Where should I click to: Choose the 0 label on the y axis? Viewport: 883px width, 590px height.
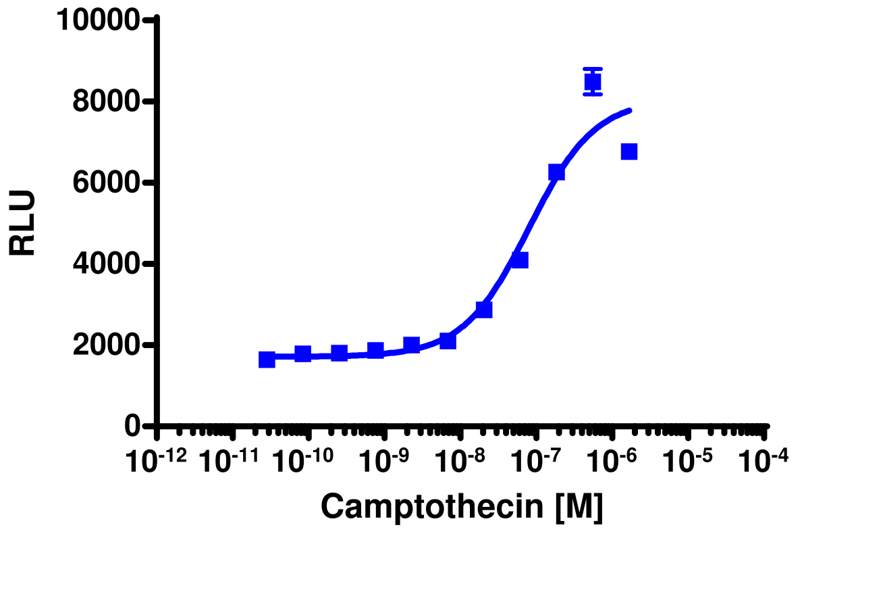coord(132,426)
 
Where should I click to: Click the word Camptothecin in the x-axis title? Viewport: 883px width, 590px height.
coord(433,506)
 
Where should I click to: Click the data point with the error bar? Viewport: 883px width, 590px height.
coord(593,82)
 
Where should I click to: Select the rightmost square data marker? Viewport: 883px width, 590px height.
coord(629,151)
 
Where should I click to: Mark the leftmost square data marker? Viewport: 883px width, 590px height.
coord(267,360)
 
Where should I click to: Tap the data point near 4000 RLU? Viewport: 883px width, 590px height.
coord(519,260)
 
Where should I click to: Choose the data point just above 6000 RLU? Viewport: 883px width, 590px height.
coord(556,172)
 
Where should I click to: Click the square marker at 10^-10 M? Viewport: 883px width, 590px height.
coord(303,354)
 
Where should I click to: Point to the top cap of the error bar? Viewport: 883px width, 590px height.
coord(593,69)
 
